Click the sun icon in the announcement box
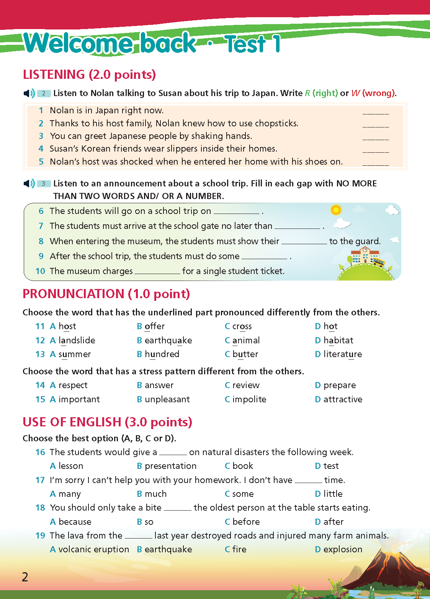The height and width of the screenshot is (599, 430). pos(336,210)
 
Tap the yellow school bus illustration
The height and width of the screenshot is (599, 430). pos(378,262)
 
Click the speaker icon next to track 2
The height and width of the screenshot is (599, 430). pos(29,93)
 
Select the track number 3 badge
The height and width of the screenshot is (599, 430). pos(44,184)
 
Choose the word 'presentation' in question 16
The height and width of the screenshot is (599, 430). pos(170,466)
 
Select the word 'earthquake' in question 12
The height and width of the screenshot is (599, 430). pos(168,340)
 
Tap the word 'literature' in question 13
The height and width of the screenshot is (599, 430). pos(342,354)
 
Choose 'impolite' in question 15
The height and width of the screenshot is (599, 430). pos(249,399)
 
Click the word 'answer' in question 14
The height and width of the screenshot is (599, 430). pos(159,385)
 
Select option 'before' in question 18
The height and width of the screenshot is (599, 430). pos(246,522)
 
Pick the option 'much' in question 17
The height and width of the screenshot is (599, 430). pos(155,494)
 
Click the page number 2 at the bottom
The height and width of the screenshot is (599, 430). pos(25,577)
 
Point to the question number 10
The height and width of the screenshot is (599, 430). pos(40,271)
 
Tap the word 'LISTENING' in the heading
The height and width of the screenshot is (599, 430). pos(54,74)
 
